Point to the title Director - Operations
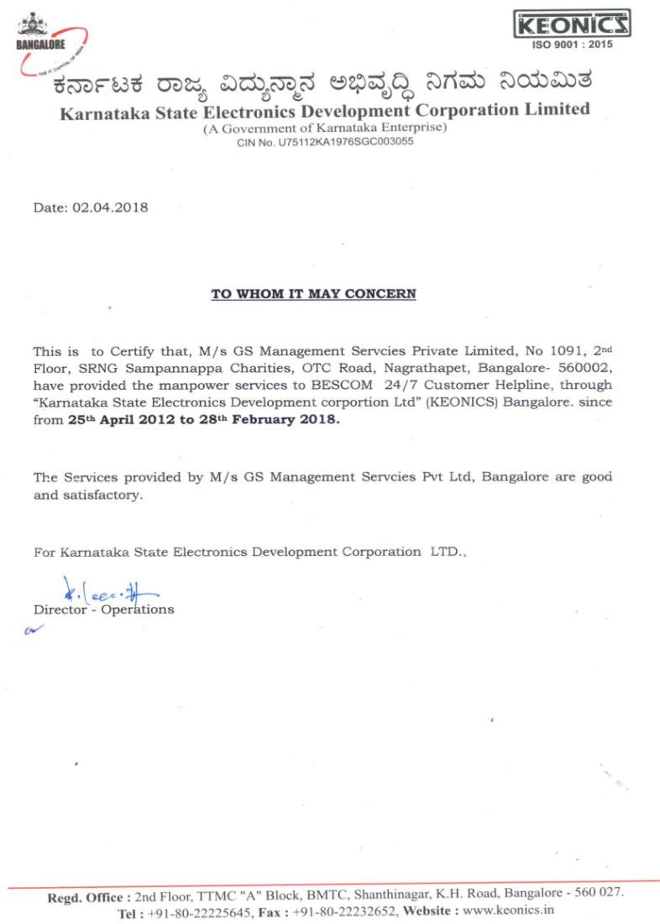point(103,609)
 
